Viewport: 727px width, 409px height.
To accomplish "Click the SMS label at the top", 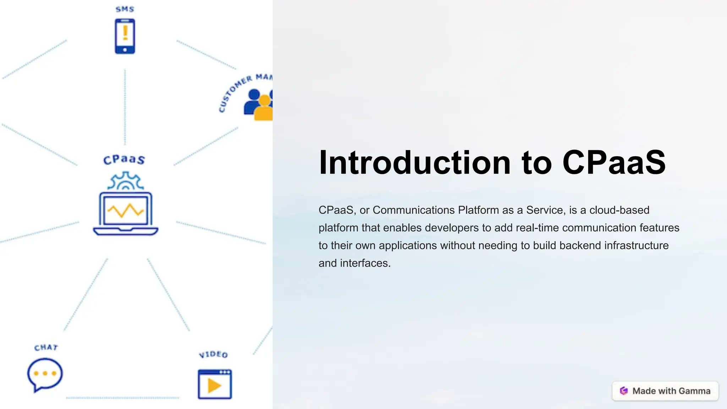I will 125,9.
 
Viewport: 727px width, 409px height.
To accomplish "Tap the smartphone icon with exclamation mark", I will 125,36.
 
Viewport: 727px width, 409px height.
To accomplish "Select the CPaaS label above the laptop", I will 124,159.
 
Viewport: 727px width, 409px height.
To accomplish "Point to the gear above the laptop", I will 126,181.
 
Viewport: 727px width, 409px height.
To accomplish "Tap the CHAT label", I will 46,347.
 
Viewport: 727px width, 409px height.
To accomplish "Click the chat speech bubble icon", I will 45,374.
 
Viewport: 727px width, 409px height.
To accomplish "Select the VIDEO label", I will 213,354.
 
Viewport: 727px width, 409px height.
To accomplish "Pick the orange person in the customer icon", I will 264,109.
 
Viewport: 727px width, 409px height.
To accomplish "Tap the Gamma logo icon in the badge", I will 624,391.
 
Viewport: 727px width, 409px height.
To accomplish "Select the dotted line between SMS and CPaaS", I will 125,107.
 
